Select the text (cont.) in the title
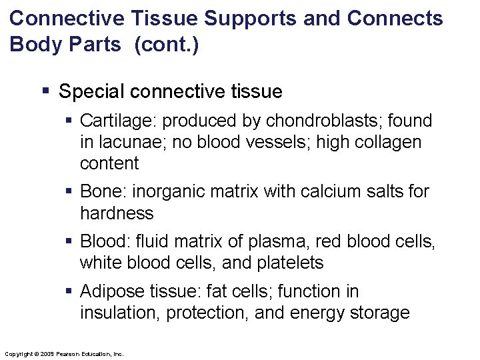(166, 46)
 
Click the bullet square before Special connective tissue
(45, 90)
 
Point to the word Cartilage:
(118, 121)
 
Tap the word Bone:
(103, 192)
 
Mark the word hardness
(117, 213)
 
